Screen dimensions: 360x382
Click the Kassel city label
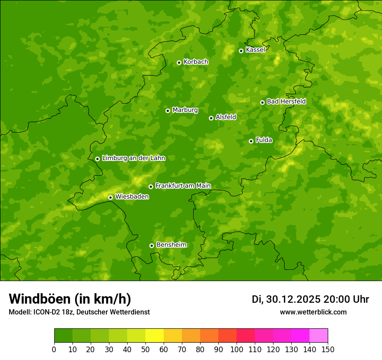255,50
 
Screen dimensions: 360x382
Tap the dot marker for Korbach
179,62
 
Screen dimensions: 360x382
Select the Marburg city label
185,110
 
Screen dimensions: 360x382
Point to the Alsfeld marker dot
211,118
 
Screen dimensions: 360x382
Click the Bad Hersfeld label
286,101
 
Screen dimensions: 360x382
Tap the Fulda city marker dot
251,141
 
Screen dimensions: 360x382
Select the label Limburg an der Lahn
133,158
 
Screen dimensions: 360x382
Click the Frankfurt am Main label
183,186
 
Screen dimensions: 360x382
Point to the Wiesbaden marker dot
110,197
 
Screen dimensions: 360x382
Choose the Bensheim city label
171,245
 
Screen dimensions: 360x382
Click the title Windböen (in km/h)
70,299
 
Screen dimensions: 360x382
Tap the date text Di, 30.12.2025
286,299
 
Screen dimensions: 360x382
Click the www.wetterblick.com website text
313,312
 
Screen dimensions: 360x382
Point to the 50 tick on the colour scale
145,349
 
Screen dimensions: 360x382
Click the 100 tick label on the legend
237,349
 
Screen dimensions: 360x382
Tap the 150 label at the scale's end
328,349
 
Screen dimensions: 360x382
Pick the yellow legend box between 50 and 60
155,335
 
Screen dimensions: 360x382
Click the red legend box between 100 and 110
246,335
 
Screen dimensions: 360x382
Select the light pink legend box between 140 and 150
319,335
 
